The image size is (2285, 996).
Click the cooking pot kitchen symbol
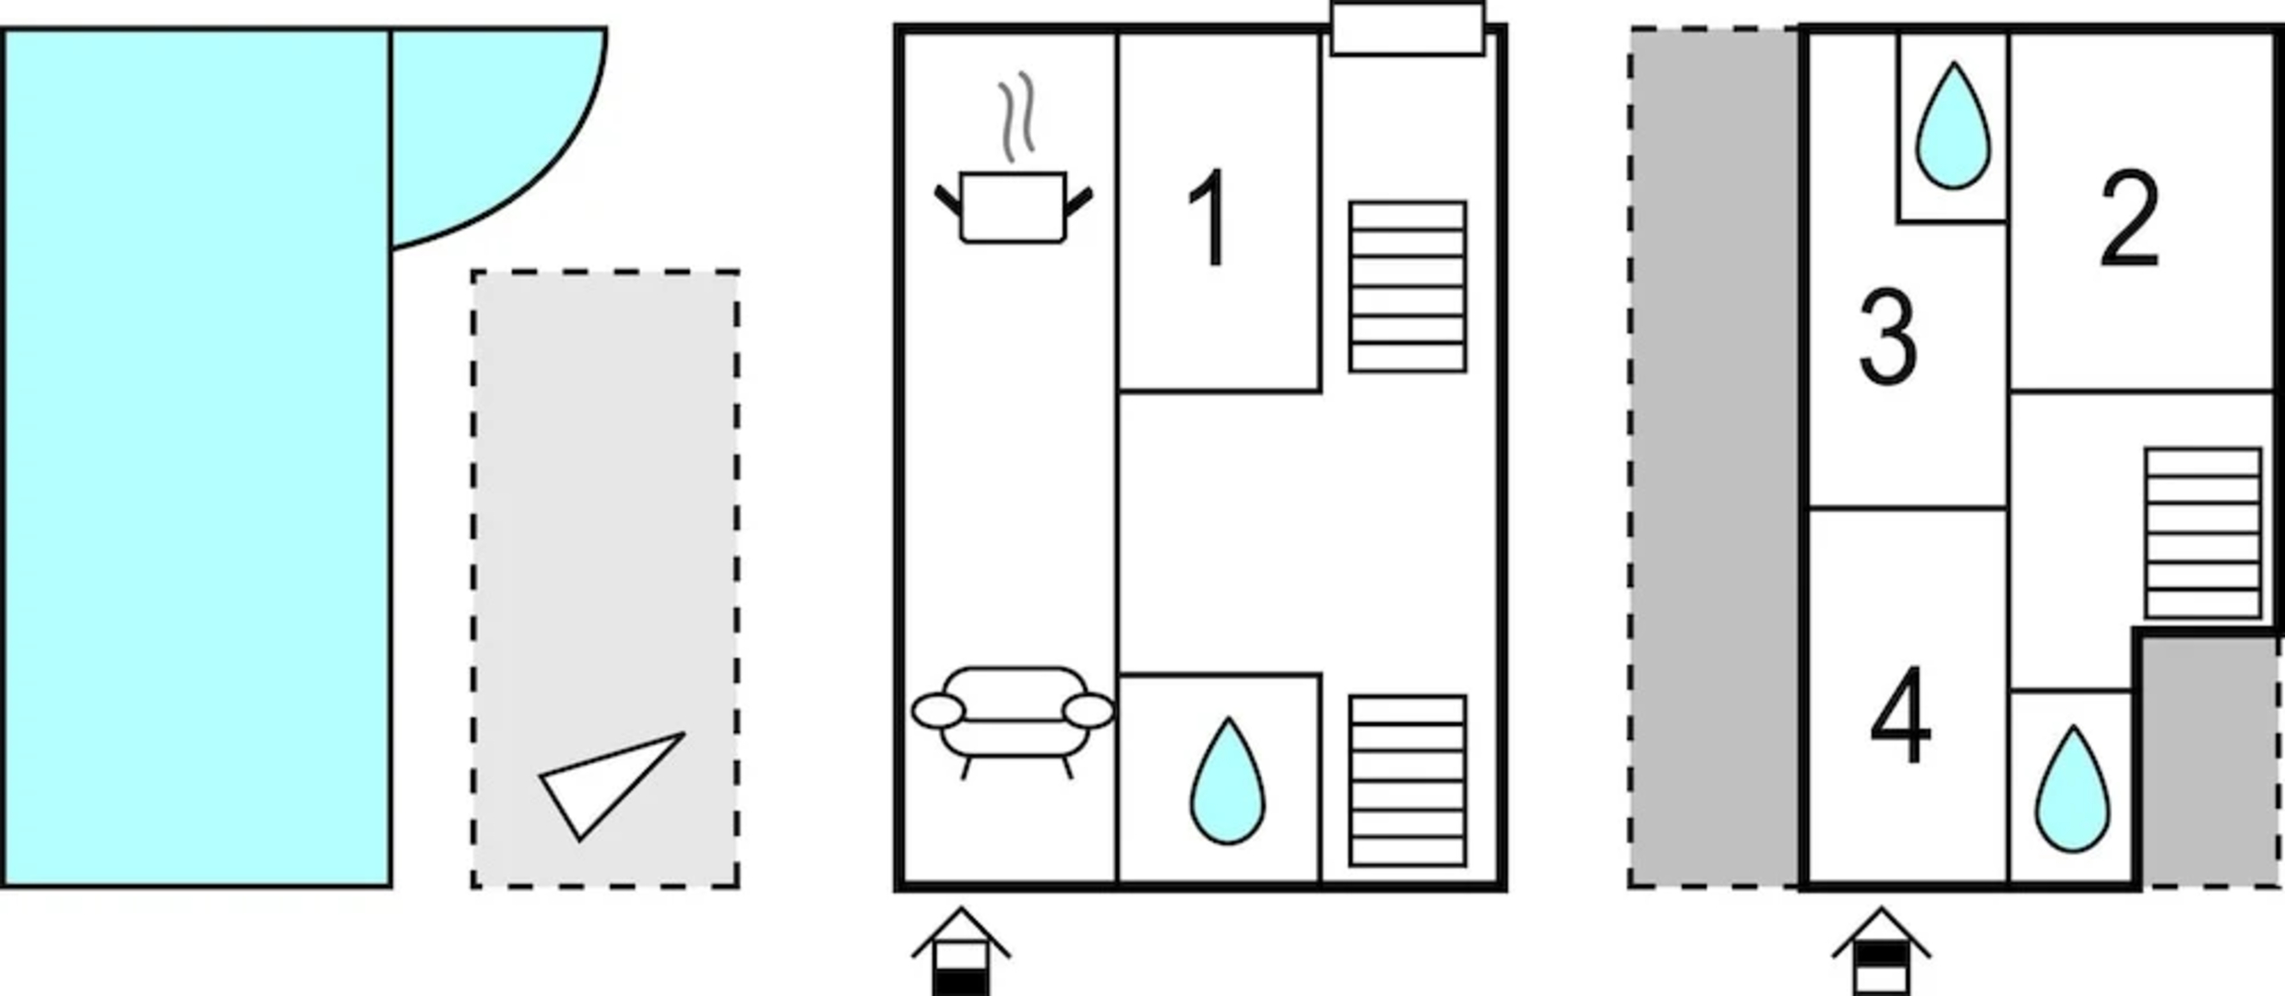[1013, 207]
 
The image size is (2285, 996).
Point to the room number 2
[2129, 219]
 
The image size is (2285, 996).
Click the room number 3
[1887, 338]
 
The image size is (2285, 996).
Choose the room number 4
[1900, 717]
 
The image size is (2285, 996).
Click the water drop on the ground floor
[1227, 782]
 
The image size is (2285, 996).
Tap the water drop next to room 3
[1953, 127]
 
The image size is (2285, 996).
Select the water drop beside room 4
[2072, 790]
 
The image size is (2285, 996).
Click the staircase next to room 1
[1407, 287]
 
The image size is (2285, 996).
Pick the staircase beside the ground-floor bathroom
[1407, 781]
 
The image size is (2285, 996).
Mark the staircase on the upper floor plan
[2203, 533]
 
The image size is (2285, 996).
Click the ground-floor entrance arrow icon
[960, 953]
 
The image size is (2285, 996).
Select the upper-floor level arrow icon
[1881, 953]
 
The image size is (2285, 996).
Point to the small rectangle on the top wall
[1407, 29]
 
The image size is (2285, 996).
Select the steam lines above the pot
[1016, 117]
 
